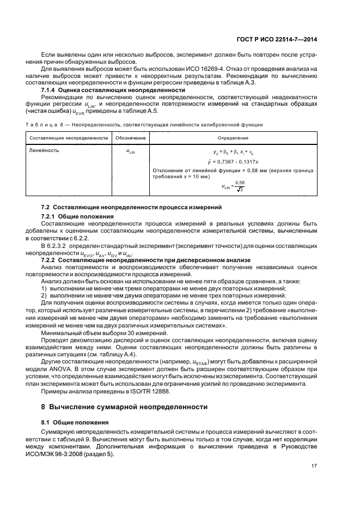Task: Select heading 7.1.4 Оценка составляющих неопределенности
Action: pos(111,89)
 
